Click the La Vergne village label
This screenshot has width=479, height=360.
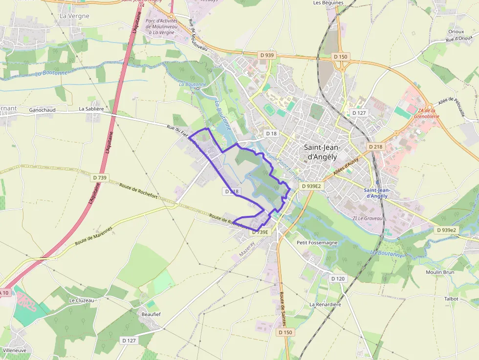coord(74,16)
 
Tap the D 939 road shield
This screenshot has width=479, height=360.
coord(267,55)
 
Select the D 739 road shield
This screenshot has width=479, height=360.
coord(99,178)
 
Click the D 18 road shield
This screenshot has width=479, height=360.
coord(271,133)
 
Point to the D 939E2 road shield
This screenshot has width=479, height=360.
coord(311,186)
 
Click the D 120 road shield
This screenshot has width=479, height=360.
coord(338,278)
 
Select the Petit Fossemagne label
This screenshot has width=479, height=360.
coord(317,242)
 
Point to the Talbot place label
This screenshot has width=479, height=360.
coord(451,298)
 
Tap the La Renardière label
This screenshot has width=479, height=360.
coord(325,304)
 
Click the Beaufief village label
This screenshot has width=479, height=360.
coord(151,314)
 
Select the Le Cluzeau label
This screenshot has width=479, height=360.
coord(82,300)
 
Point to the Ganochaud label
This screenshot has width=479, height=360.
coord(43,110)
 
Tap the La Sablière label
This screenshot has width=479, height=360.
coord(91,109)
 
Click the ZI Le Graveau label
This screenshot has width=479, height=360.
coord(368,218)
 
